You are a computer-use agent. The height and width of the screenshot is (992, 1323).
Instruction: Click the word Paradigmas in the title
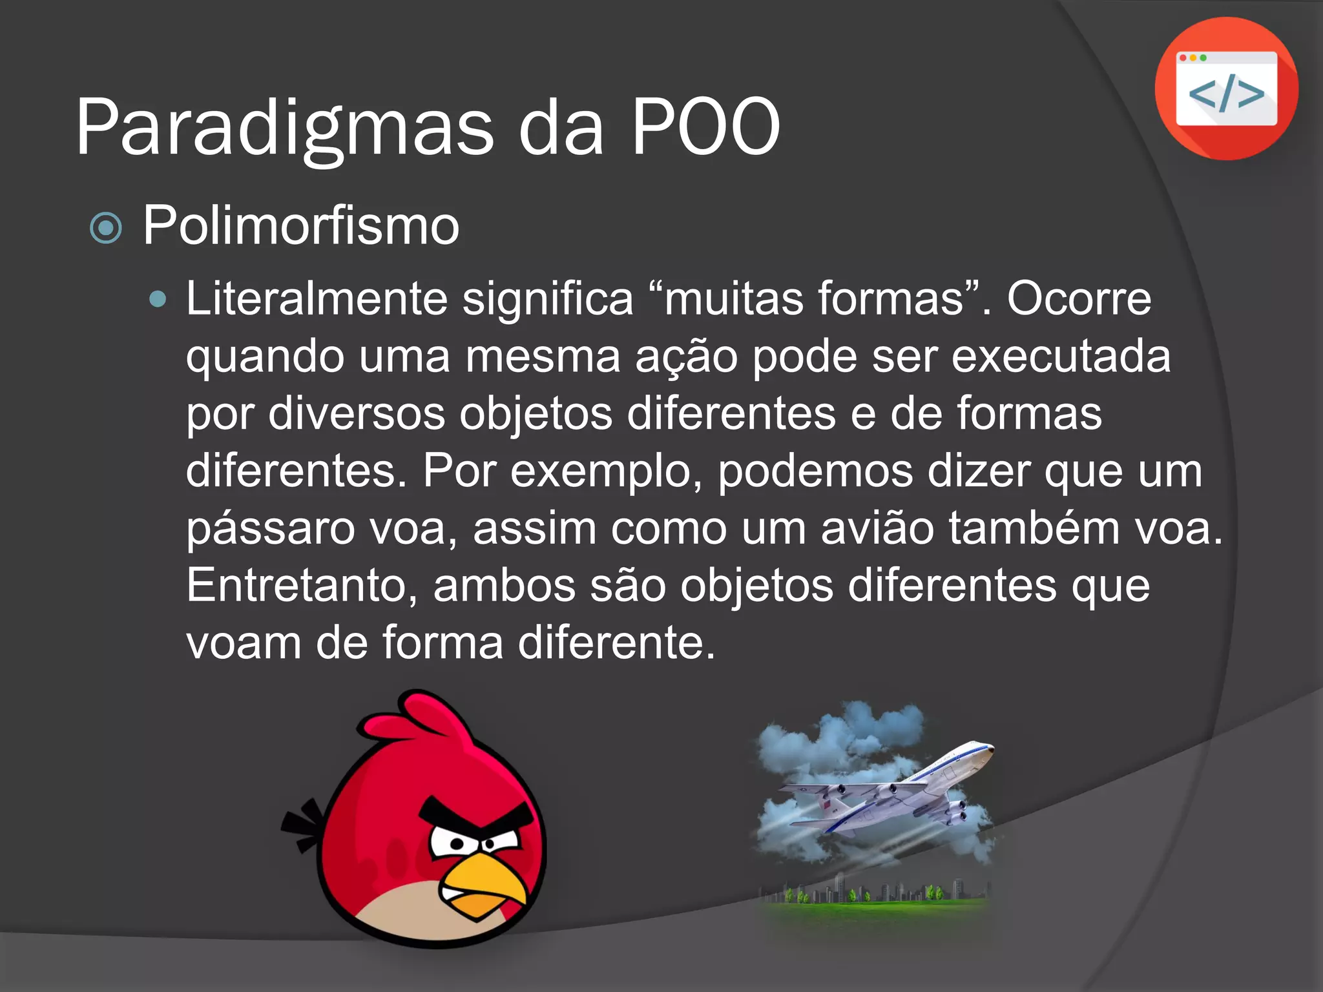(x=284, y=128)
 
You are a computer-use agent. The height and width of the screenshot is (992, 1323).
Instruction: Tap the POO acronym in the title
(x=705, y=128)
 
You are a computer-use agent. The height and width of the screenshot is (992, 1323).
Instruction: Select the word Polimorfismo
(x=301, y=225)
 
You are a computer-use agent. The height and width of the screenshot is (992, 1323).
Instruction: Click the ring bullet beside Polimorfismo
(x=106, y=228)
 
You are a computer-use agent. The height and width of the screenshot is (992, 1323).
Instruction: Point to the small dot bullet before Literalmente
(x=157, y=299)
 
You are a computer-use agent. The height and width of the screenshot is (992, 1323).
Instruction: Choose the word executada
(x=1061, y=356)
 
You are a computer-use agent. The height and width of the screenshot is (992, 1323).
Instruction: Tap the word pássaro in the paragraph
(x=271, y=528)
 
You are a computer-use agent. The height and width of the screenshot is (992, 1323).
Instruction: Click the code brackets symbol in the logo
(x=1226, y=94)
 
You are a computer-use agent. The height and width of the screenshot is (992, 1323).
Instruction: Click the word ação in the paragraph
(x=686, y=356)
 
